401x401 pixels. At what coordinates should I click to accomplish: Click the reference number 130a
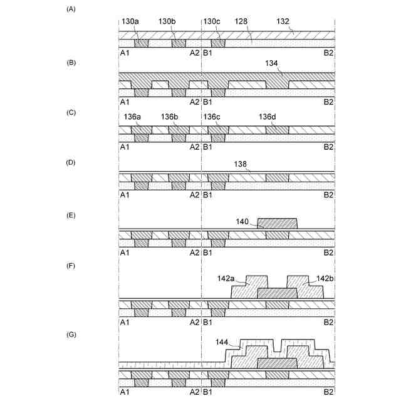[132, 21]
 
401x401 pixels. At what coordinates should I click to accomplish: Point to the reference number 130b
[167, 21]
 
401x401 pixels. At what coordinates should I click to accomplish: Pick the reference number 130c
[213, 21]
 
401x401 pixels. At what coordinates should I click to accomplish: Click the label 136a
[132, 117]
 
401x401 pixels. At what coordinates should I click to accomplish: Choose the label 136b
[169, 117]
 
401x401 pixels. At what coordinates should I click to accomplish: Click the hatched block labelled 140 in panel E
[277, 223]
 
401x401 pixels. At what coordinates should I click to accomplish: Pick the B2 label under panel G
[328, 392]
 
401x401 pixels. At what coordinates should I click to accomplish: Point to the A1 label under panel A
[124, 53]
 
